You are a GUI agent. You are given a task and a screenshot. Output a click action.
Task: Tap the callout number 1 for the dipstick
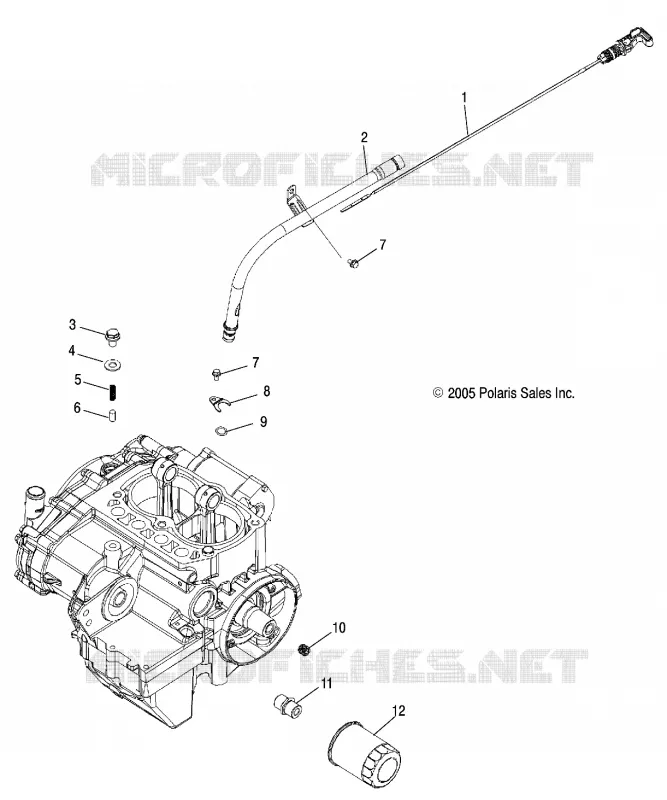pyautogui.click(x=464, y=96)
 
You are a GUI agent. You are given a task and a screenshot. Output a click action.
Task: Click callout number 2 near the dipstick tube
pyautogui.click(x=364, y=137)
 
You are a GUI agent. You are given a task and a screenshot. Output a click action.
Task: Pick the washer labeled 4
pyautogui.click(x=112, y=365)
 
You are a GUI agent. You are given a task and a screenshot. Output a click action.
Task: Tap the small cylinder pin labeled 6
pyautogui.click(x=112, y=415)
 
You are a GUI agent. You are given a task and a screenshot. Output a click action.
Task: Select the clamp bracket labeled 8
pyautogui.click(x=220, y=401)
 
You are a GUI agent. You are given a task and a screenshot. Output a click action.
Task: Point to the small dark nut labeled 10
pyautogui.click(x=304, y=649)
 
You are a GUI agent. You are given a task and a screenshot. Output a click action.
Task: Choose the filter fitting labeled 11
pyautogui.click(x=288, y=705)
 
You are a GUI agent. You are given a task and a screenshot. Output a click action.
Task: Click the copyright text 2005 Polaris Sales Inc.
pyautogui.click(x=503, y=393)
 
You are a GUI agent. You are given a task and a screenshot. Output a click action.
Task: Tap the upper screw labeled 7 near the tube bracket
pyautogui.click(x=352, y=263)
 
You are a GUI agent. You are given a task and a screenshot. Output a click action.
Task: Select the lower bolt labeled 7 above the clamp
pyautogui.click(x=216, y=374)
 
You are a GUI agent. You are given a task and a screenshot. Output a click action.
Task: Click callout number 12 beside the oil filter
pyautogui.click(x=399, y=710)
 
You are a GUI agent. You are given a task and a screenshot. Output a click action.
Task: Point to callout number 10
pyautogui.click(x=339, y=628)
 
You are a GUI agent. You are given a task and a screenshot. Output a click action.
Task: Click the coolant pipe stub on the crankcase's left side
pyautogui.click(x=34, y=504)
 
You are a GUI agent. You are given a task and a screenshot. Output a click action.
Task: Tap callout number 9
pyautogui.click(x=263, y=421)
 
